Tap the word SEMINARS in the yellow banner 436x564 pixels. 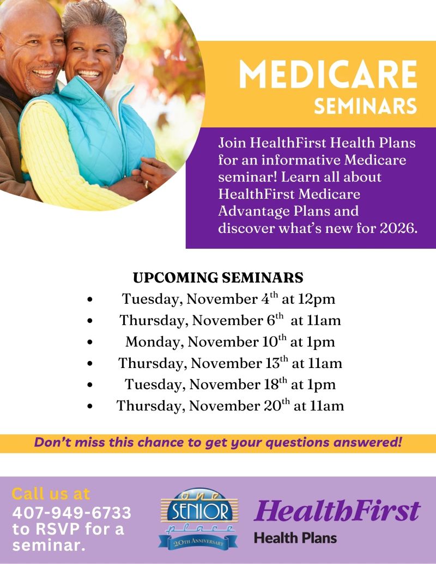[365, 106]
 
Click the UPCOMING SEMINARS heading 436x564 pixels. [218, 278]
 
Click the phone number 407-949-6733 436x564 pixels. [71, 513]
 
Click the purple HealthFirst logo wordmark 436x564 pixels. [337, 511]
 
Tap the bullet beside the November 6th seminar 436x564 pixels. [89, 321]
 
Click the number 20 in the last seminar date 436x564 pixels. [269, 406]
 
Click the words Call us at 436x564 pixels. [51, 494]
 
